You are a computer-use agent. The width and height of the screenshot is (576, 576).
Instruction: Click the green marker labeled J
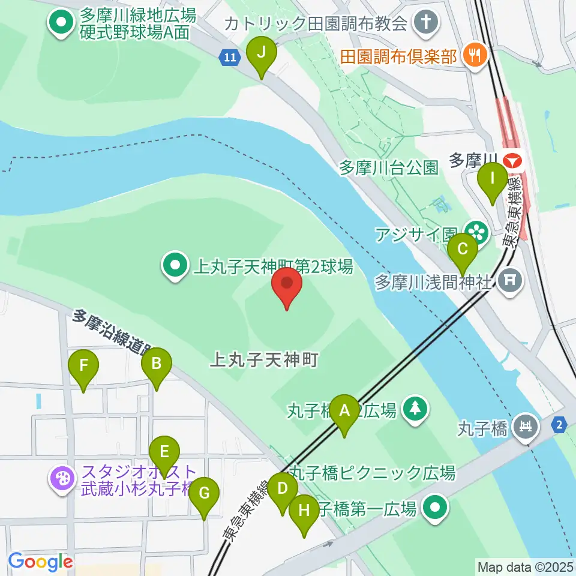point(261,53)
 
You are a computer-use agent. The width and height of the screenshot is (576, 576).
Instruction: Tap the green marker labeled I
point(492,180)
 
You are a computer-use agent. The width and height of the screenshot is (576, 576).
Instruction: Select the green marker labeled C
point(462,250)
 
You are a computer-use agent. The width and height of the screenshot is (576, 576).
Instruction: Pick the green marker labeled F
point(83,366)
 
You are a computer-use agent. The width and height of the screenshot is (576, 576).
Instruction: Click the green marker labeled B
point(157,364)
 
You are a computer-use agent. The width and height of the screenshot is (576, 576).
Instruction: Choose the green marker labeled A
point(344,412)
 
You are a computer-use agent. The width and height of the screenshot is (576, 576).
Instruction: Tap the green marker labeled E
point(165,453)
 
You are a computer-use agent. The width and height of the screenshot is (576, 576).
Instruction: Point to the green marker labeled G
point(204,494)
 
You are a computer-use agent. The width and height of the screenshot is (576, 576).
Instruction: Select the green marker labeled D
point(283,490)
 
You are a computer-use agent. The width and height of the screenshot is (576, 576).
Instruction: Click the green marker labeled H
point(304,512)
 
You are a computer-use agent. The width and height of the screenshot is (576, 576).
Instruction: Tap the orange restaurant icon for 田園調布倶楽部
point(475,56)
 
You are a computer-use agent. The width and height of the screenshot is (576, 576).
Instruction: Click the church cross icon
point(430,24)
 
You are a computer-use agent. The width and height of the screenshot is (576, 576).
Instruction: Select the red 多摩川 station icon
point(512,161)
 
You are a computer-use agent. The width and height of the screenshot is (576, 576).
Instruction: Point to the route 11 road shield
point(230,58)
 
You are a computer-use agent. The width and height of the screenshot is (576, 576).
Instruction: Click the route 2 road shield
point(559,425)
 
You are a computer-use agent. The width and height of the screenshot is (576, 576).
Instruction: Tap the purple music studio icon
point(63,479)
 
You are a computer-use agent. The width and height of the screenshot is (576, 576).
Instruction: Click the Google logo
point(41,562)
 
